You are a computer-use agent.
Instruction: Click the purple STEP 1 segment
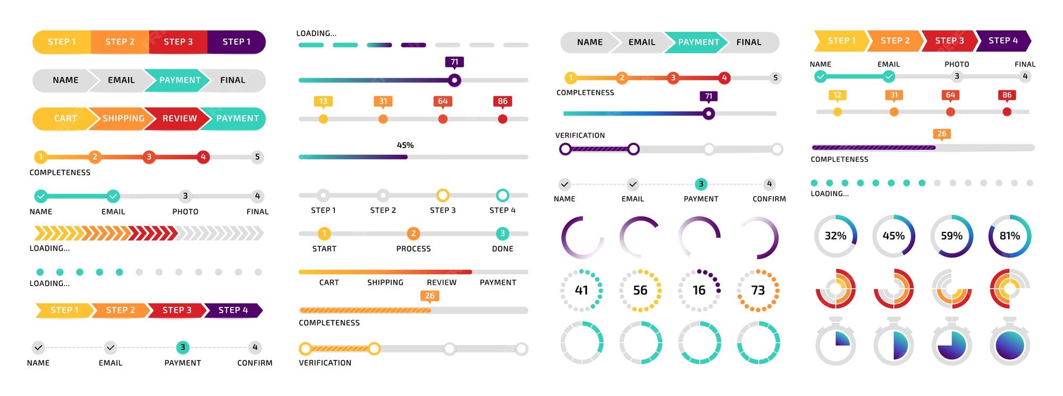pyautogui.click(x=236, y=42)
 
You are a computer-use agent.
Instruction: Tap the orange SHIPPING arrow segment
pyautogui.click(x=122, y=118)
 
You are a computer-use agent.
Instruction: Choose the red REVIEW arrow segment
pyautogui.click(x=179, y=118)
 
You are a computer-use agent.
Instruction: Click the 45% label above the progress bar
pyautogui.click(x=405, y=145)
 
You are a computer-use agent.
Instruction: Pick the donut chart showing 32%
pyautogui.click(x=835, y=236)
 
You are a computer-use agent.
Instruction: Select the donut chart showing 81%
pyautogui.click(x=1009, y=236)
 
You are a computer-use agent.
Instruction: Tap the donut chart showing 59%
pyautogui.click(x=951, y=236)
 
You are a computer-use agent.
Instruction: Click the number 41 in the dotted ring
pyautogui.click(x=581, y=290)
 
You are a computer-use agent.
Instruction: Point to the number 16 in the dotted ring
pyautogui.click(x=699, y=290)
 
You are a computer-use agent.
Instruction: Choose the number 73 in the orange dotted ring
pyautogui.click(x=758, y=290)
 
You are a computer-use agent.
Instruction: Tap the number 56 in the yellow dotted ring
pyautogui.click(x=640, y=290)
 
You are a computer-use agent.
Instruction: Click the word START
pyautogui.click(x=324, y=248)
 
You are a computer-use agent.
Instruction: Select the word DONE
pyautogui.click(x=502, y=248)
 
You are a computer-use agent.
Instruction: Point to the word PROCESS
pyautogui.click(x=413, y=248)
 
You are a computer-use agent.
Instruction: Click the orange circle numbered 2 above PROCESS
pyautogui.click(x=413, y=234)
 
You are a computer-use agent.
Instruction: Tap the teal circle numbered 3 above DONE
pyautogui.click(x=502, y=234)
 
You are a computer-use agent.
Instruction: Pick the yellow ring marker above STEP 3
pyautogui.click(x=443, y=195)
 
